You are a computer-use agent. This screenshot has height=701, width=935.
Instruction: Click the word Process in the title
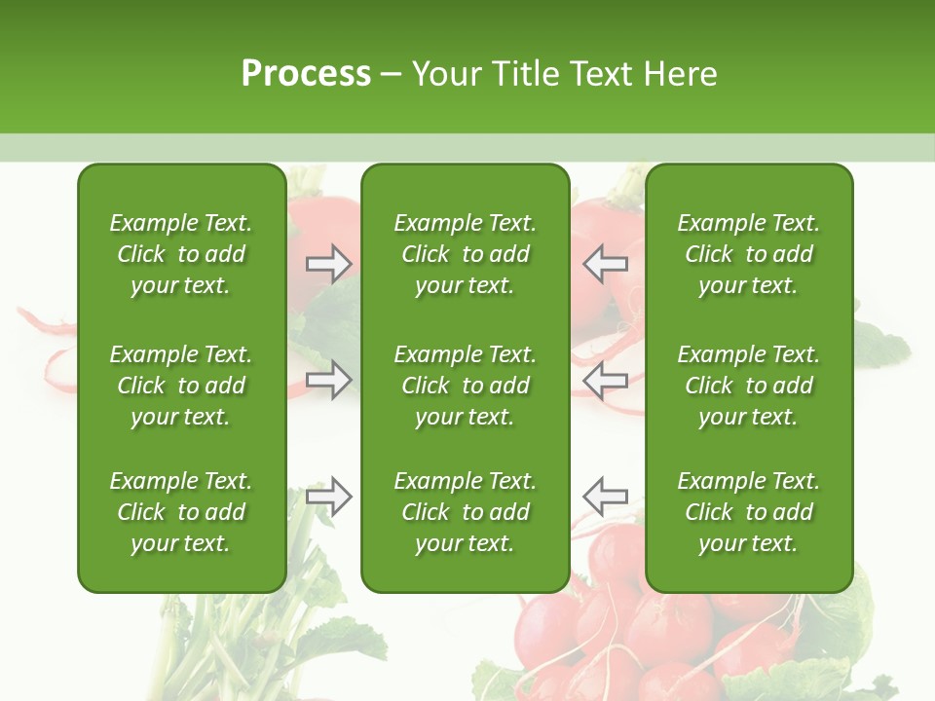click(x=306, y=74)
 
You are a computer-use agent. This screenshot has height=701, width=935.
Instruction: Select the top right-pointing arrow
click(x=329, y=264)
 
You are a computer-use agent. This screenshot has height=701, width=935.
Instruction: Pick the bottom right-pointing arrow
click(x=329, y=496)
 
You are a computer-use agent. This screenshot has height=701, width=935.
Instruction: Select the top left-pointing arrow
click(x=605, y=264)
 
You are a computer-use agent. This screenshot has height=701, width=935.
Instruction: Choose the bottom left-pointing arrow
click(x=605, y=496)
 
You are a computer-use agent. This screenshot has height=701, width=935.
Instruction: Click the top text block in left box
click(x=181, y=254)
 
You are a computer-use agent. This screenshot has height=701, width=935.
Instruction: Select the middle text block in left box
click(x=181, y=386)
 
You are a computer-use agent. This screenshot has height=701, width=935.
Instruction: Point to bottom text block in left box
click(x=181, y=512)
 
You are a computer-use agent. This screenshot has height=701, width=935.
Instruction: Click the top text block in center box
click(x=465, y=254)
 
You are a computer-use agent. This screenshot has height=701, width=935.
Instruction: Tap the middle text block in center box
click(x=465, y=386)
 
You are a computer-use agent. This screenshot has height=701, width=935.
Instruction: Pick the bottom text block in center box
click(x=465, y=512)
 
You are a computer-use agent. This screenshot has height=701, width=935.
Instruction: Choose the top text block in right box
click(x=748, y=254)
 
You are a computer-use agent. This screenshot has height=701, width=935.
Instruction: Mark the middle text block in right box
click(x=748, y=386)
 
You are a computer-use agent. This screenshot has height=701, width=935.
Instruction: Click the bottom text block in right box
click(x=748, y=512)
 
